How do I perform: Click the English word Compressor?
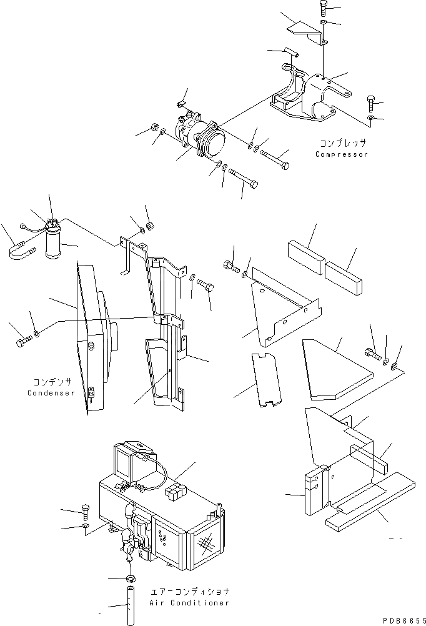click(342, 154)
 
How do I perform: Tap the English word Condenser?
click(51, 393)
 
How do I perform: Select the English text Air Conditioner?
click(189, 603)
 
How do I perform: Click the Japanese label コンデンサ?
click(52, 382)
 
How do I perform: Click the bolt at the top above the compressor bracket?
click(323, 9)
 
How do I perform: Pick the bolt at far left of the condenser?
click(21, 342)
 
